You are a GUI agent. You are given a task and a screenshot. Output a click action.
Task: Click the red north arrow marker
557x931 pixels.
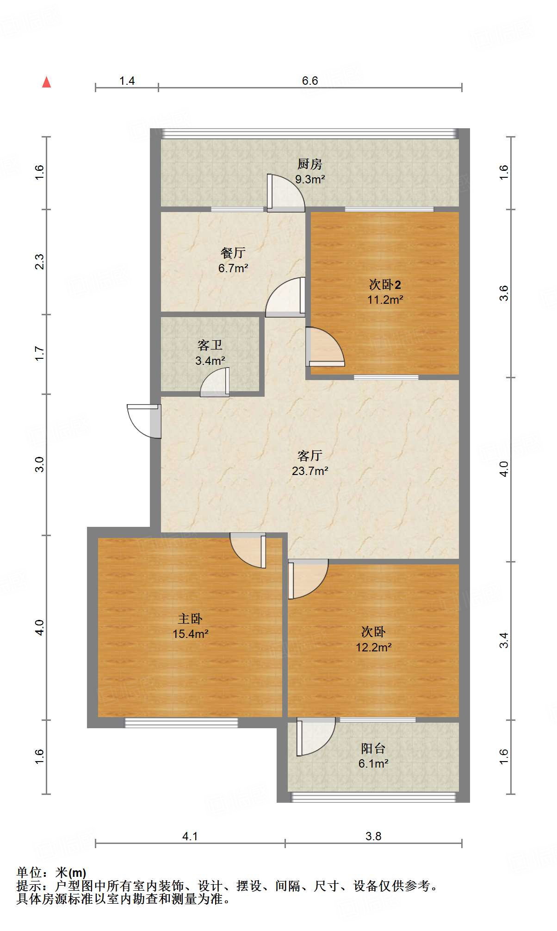pyautogui.click(x=47, y=82)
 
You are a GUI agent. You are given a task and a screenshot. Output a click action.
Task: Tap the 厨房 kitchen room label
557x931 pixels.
pyautogui.click(x=309, y=164)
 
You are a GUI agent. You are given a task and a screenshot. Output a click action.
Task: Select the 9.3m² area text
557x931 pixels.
pyautogui.click(x=310, y=179)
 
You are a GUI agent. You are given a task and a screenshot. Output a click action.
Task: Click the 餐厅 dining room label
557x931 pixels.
pyautogui.click(x=233, y=253)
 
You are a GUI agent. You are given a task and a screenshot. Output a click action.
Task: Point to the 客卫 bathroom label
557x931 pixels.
pyautogui.click(x=210, y=345)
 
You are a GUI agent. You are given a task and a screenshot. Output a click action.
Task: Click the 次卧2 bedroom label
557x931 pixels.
pyautogui.click(x=384, y=284)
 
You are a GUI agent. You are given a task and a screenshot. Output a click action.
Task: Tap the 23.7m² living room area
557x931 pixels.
pyautogui.click(x=309, y=471)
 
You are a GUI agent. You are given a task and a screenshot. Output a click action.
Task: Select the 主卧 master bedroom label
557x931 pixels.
pyautogui.click(x=190, y=619)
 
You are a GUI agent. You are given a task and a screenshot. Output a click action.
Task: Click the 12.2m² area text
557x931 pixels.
pyautogui.click(x=373, y=647)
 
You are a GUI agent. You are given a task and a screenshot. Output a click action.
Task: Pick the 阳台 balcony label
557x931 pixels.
pyautogui.click(x=373, y=749)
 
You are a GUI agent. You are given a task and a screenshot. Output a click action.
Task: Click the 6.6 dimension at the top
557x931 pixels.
pyautogui.click(x=309, y=81)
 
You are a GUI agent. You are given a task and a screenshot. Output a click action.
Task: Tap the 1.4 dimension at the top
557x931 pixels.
pyautogui.click(x=127, y=81)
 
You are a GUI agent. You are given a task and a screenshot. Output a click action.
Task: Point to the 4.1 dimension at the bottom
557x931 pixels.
pyautogui.click(x=190, y=837)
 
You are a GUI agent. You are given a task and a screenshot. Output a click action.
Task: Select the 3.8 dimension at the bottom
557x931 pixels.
pyautogui.click(x=373, y=837)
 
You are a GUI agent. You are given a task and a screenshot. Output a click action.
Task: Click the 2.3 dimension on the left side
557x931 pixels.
pyautogui.click(x=40, y=262)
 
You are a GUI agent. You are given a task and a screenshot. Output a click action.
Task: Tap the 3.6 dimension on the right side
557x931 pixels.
pyautogui.click(x=504, y=293)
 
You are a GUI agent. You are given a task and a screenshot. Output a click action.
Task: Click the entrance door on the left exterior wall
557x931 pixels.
pyautogui.click(x=144, y=420)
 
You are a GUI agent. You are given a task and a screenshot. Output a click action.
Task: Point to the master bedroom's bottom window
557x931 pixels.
pyautogui.click(x=181, y=723)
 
